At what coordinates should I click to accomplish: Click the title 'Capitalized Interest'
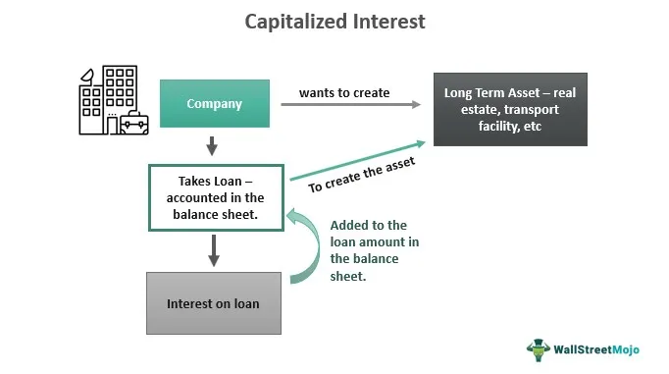coord(334,22)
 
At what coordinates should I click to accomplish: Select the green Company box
coord(215,103)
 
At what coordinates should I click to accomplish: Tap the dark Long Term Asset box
coord(510,110)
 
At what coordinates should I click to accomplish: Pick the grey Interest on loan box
coord(215,303)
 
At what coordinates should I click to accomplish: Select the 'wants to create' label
coord(343,93)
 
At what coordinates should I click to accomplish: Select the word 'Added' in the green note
coord(350,224)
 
